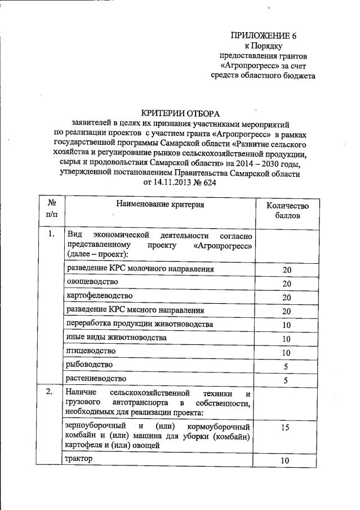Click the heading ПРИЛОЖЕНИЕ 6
pyautogui.click(x=263, y=36)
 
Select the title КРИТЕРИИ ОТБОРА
pyautogui.click(x=180, y=114)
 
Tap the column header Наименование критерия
pyautogui.click(x=160, y=204)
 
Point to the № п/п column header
pyautogui.click(x=51, y=209)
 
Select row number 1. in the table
pyautogui.click(x=51, y=234)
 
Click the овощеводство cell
pyautogui.click(x=92, y=282)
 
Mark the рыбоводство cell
pyautogui.click(x=89, y=365)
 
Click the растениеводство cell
pyautogui.click(x=96, y=379)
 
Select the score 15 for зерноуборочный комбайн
pyautogui.click(x=286, y=428)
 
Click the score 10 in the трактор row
pyautogui.click(x=286, y=461)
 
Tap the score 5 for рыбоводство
pyautogui.click(x=286, y=367)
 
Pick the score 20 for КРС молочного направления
pyautogui.click(x=286, y=270)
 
